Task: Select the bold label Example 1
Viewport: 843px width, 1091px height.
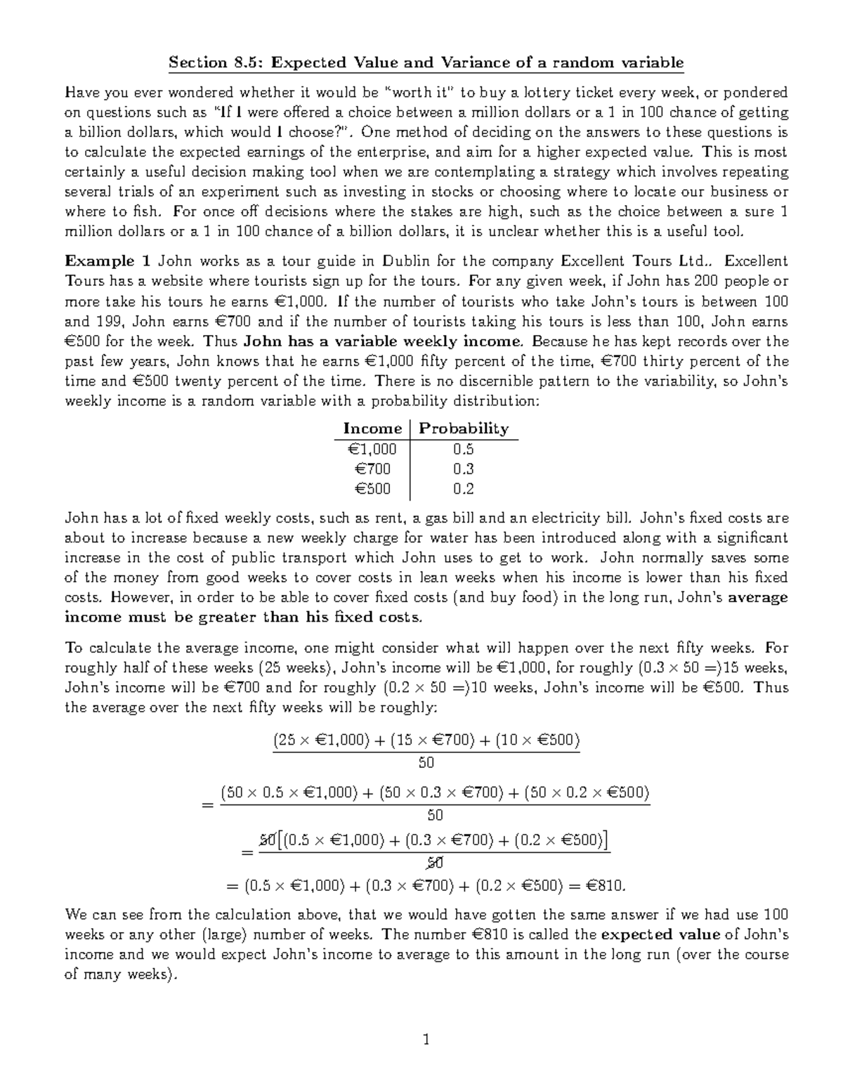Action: tap(107, 261)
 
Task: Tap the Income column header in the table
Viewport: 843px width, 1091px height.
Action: tap(372, 429)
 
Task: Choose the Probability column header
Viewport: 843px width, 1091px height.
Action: tap(464, 429)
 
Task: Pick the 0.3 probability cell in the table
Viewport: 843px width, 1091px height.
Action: tap(464, 469)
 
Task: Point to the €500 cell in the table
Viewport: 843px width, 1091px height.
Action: tap(372, 489)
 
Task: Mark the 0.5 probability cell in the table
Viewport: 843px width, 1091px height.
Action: tap(464, 449)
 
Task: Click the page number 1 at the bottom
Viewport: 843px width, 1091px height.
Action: tap(426, 1039)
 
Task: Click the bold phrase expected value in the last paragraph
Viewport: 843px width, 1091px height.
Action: tap(661, 934)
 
